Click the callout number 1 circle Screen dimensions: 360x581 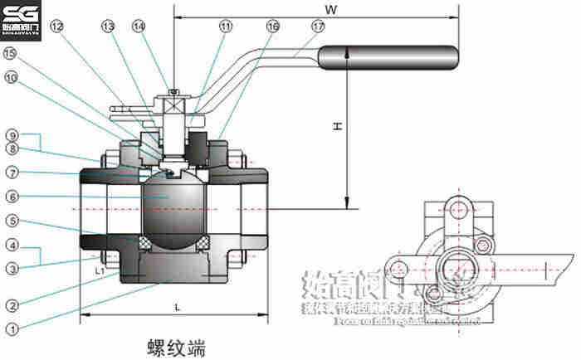coord(11,328)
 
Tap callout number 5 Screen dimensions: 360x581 coord(11,221)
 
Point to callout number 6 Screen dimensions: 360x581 coord(11,197)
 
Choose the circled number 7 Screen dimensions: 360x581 coord(11,173)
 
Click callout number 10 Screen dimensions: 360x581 coord(11,78)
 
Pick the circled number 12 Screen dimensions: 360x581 coord(56,26)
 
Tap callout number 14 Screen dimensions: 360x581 coord(138,26)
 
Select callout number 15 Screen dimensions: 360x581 coord(11,54)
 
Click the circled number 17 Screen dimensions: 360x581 coord(318,26)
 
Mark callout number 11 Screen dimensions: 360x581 coord(226,26)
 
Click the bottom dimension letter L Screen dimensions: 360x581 coord(178,308)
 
